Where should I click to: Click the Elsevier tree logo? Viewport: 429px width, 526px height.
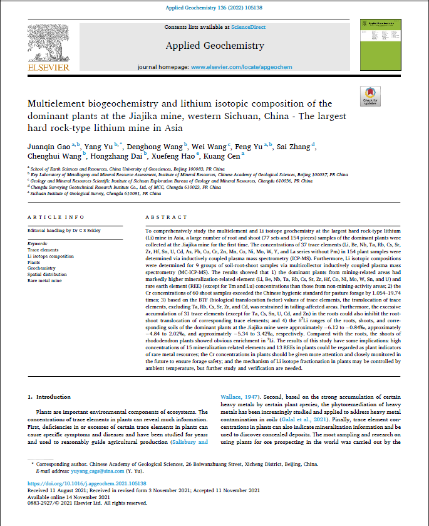click(45, 45)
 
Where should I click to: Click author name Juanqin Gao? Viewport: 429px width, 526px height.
click(47, 147)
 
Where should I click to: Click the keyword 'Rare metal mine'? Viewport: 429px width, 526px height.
click(45, 280)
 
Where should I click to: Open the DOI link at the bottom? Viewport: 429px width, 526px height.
click(88, 484)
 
